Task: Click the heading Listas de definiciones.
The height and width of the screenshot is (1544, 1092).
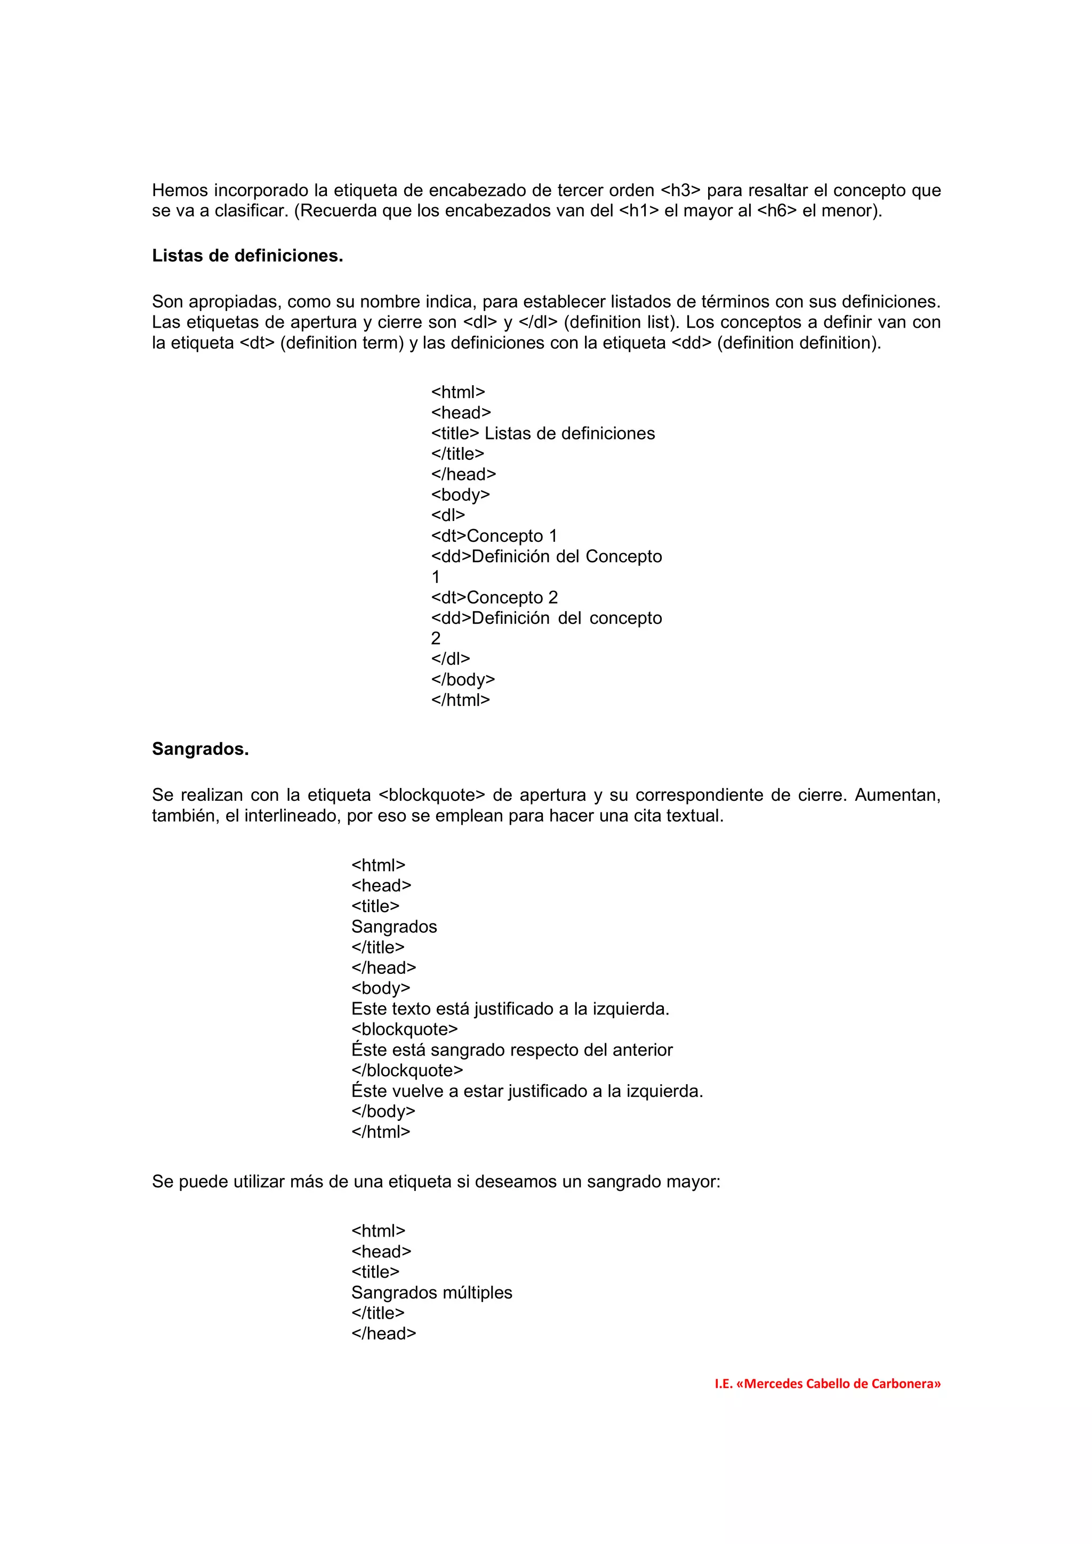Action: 247,256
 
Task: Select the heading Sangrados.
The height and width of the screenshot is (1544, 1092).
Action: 200,749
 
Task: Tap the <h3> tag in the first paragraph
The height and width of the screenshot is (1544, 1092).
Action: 680,190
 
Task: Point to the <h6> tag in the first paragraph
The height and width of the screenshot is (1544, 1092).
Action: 776,211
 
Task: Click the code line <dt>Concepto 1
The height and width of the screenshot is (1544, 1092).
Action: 494,536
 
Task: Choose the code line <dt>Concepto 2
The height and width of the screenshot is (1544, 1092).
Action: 494,598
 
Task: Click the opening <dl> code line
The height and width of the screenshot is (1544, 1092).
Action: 447,516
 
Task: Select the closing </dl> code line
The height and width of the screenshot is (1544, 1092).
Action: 450,659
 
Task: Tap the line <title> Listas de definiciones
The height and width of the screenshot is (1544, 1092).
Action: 542,434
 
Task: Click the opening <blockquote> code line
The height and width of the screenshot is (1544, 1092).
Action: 404,1029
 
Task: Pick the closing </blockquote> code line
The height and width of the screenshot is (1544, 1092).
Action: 407,1070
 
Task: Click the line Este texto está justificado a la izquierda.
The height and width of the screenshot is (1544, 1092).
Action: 510,1010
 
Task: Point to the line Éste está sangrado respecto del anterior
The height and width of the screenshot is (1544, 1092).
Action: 511,1051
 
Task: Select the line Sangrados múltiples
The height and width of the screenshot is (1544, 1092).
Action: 431,1293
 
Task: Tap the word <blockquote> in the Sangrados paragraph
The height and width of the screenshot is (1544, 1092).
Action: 431,795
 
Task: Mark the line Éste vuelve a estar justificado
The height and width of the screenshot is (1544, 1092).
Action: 527,1092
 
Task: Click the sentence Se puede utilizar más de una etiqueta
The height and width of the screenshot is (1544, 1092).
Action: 435,1182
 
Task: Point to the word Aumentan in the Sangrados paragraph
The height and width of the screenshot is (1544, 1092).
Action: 897,795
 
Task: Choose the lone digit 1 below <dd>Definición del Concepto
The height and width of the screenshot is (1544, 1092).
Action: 435,578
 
